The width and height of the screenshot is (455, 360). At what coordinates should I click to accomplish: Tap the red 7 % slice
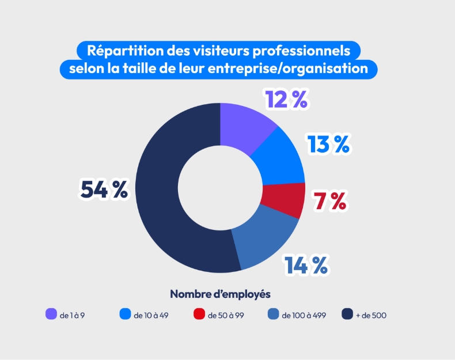(284, 200)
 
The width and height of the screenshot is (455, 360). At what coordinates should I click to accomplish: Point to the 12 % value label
(286, 100)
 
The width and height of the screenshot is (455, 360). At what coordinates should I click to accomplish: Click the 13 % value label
(328, 144)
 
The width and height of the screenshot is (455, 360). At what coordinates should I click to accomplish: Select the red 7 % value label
(329, 201)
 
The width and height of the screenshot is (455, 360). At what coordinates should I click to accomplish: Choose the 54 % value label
(104, 190)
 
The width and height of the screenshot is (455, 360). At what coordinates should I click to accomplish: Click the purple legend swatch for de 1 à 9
(51, 314)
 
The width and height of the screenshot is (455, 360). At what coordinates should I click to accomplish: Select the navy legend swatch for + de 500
(347, 314)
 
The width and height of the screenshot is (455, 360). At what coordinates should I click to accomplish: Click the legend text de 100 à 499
(304, 316)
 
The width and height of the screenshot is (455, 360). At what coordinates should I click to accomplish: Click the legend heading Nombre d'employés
(220, 294)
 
